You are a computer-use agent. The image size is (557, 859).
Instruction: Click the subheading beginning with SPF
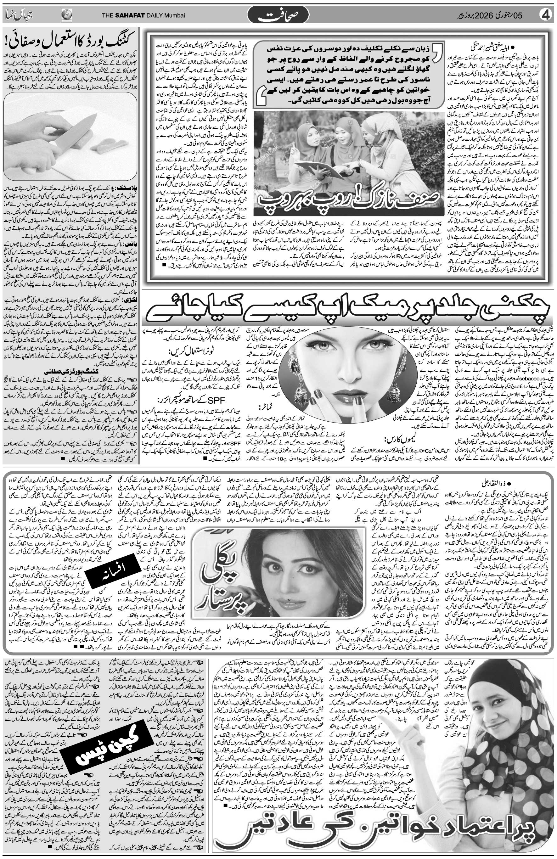click(x=181, y=400)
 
